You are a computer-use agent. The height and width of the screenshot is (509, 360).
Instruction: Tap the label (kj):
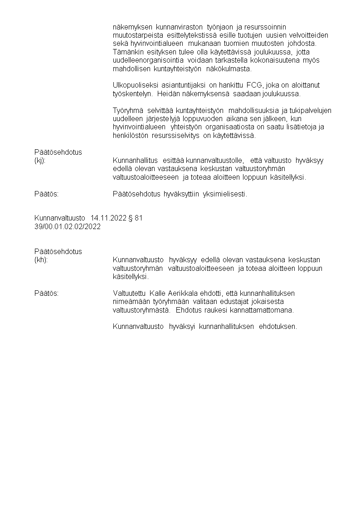tap(40, 160)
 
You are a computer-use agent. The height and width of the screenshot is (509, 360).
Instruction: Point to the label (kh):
tap(41, 259)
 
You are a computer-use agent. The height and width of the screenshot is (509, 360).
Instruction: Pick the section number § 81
tap(136, 218)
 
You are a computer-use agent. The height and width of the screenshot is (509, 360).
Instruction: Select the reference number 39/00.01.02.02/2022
tap(68, 226)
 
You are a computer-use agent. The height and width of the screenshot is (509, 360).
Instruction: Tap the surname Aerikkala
tap(183, 294)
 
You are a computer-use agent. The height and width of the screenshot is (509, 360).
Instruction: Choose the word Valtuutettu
tap(130, 294)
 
